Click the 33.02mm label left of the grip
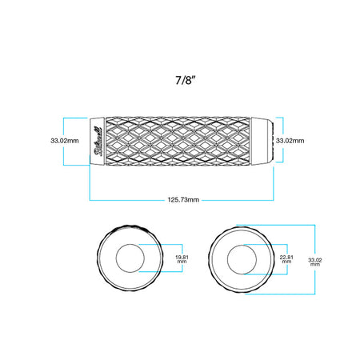click(65, 141)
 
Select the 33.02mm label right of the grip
click(290, 141)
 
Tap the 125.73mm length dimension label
click(183, 200)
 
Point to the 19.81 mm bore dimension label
click(182, 259)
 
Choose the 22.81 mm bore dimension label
click(286, 259)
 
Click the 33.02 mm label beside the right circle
click(315, 262)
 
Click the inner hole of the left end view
click(130, 258)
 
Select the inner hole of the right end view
click(242, 259)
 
